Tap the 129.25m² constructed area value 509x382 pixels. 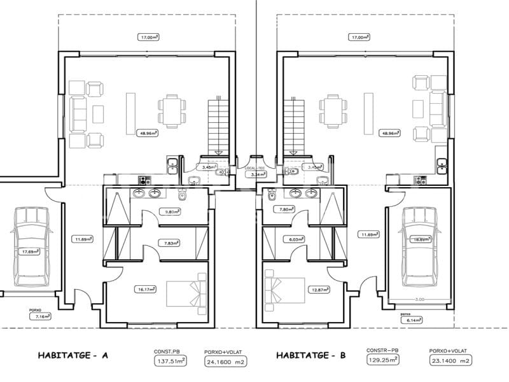coord(382,360)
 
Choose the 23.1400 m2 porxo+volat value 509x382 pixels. coord(449,360)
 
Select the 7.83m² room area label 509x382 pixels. coord(171,243)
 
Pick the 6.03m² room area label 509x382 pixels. coord(294,239)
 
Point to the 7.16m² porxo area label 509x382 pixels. coord(43,316)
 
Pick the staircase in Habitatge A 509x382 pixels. coord(217,125)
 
